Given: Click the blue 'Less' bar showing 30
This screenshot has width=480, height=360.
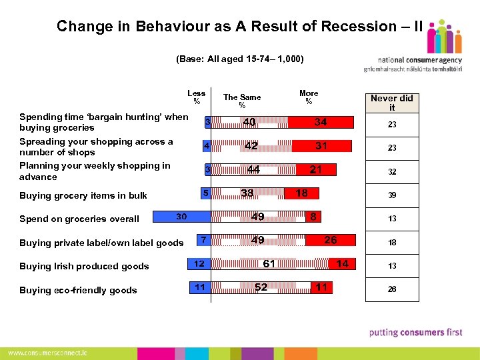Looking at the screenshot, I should (182, 217).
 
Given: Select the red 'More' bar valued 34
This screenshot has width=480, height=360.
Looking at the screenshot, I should (321, 122).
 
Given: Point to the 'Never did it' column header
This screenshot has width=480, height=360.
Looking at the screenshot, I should (392, 102).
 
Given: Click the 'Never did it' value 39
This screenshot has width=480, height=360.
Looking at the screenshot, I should (392, 195).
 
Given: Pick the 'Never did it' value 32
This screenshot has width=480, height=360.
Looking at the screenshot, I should (392, 171).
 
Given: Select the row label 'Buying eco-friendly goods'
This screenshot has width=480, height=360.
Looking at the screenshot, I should (78, 290).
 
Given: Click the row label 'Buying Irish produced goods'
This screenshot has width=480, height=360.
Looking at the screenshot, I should (84, 266).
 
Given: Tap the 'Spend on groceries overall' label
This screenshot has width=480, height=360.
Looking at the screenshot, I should (79, 219).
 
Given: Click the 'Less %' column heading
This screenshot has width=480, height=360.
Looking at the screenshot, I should (197, 97).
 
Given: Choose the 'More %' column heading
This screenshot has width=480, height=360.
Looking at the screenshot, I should (309, 97).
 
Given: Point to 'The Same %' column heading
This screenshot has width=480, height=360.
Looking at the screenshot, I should (242, 101).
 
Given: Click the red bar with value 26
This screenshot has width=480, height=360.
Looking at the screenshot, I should (330, 240).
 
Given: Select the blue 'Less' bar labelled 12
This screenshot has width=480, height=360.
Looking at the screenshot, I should (199, 264).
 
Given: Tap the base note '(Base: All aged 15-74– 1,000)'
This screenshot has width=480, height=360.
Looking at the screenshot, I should (240, 59).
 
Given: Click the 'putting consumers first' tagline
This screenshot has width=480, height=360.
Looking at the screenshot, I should (415, 332).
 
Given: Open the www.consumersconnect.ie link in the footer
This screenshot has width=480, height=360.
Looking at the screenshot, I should (47, 352).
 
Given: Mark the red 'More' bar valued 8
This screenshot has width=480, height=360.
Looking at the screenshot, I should (311, 217).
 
